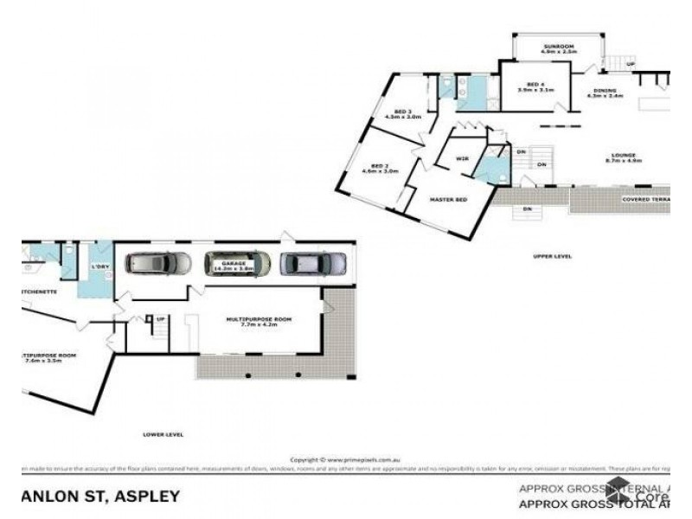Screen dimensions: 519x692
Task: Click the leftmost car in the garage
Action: click(159, 262)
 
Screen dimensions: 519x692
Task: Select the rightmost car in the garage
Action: click(315, 262)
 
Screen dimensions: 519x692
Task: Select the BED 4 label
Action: click(535, 83)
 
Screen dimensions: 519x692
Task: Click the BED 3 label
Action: click(401, 112)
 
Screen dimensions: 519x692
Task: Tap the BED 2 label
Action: click(378, 165)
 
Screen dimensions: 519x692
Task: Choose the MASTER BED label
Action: click(449, 200)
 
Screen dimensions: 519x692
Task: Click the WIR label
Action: click(462, 159)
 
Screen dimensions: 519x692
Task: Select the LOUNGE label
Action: click(621, 155)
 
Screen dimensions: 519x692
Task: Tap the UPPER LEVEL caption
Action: click(552, 256)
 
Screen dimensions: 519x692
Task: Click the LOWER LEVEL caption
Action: click(163, 433)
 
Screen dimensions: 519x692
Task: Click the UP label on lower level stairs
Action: click(160, 319)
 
